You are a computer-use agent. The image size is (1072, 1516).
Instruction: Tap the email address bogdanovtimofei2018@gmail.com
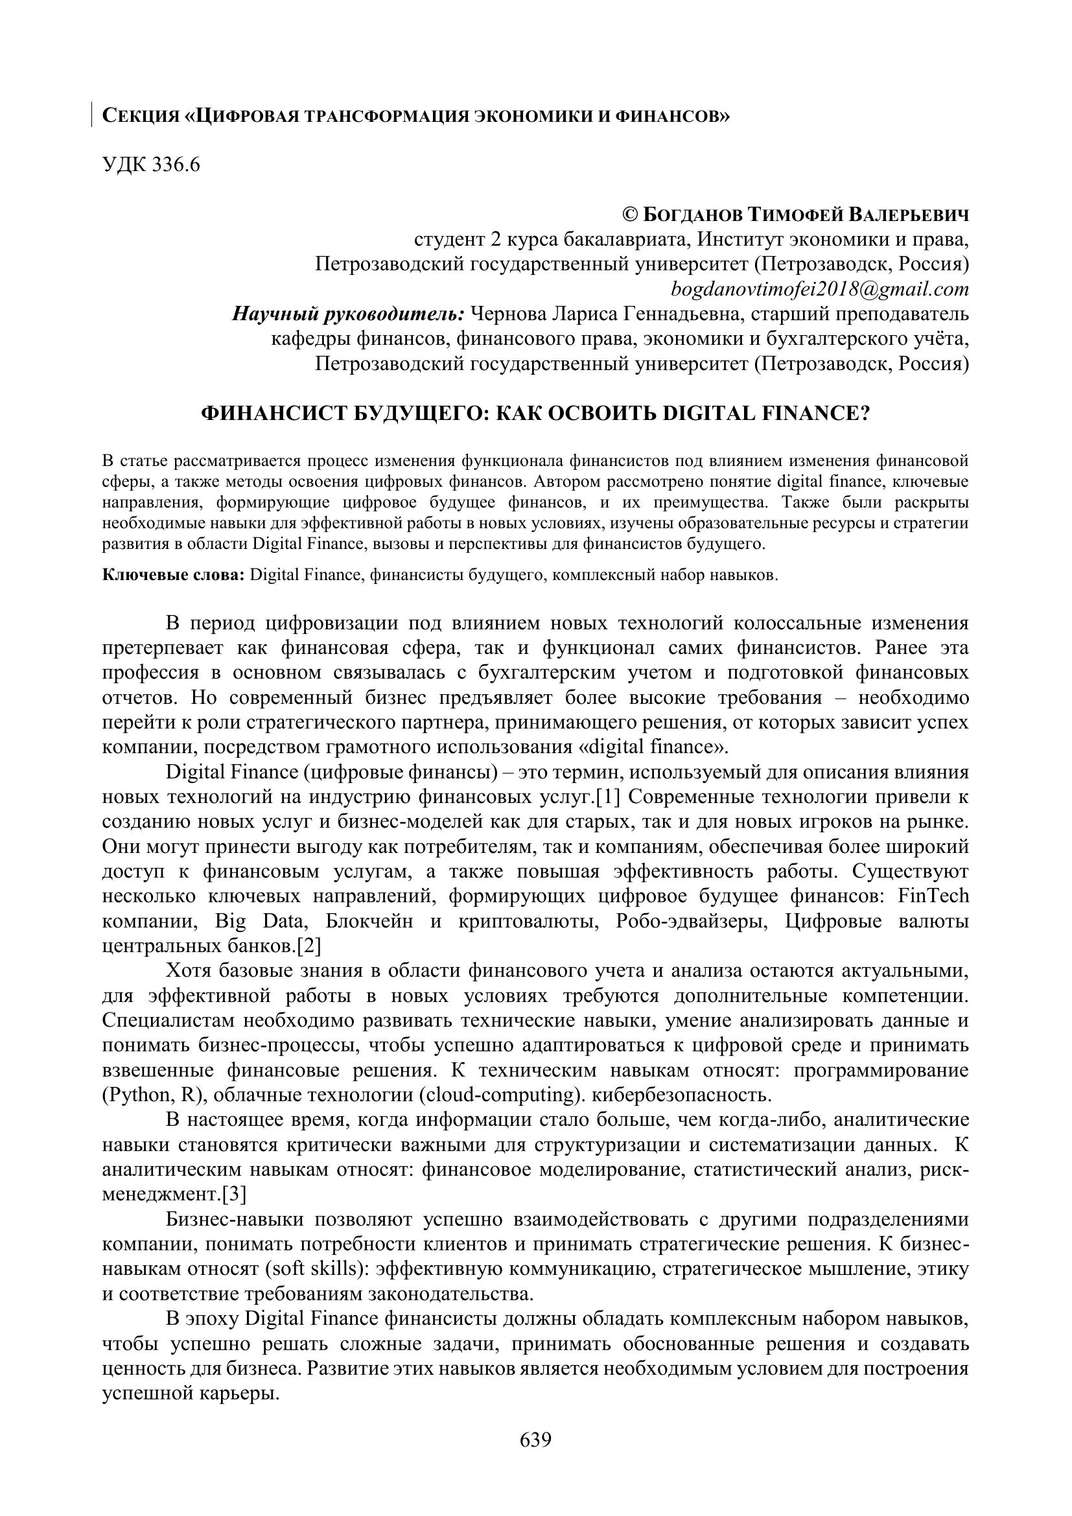(x=820, y=289)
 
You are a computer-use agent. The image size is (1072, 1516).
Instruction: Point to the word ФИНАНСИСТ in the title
(x=270, y=414)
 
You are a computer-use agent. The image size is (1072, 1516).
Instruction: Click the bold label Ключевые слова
(x=174, y=575)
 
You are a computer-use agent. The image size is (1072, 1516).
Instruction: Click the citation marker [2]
(x=309, y=946)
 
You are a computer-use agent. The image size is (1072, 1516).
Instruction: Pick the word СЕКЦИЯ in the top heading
(x=141, y=117)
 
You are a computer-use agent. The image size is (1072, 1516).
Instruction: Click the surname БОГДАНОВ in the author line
(x=692, y=215)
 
